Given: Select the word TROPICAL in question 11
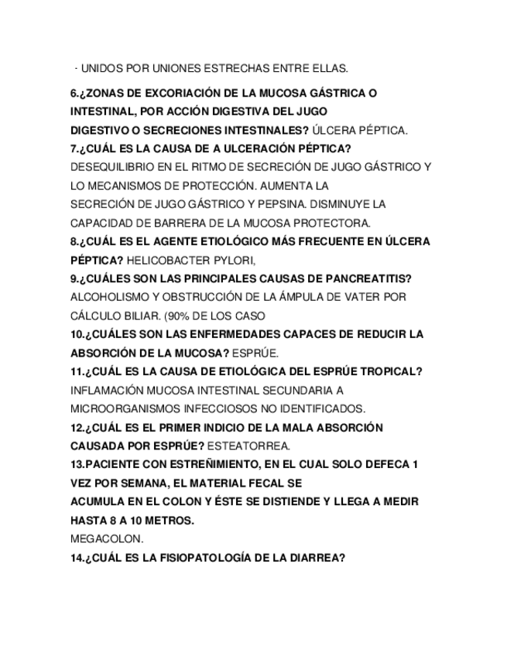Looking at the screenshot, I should (392, 371).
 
